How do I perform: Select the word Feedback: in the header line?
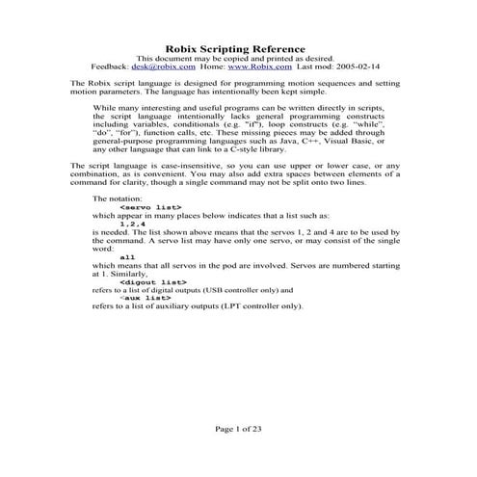[109, 68]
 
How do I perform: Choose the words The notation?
[115, 198]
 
